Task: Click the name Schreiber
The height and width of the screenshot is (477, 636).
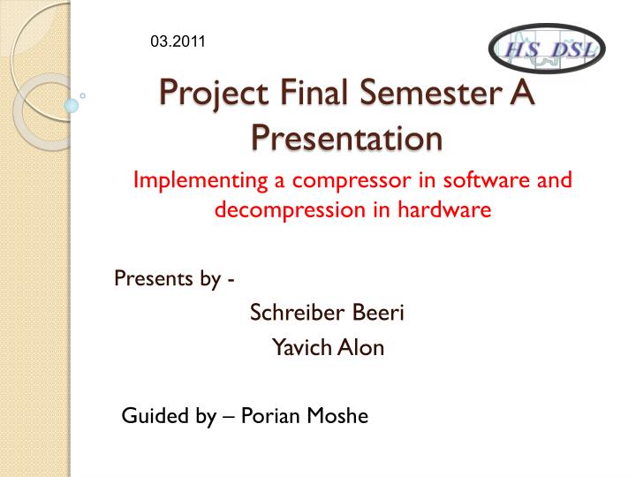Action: coord(298,313)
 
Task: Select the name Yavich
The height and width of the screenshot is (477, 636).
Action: coord(301,347)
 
